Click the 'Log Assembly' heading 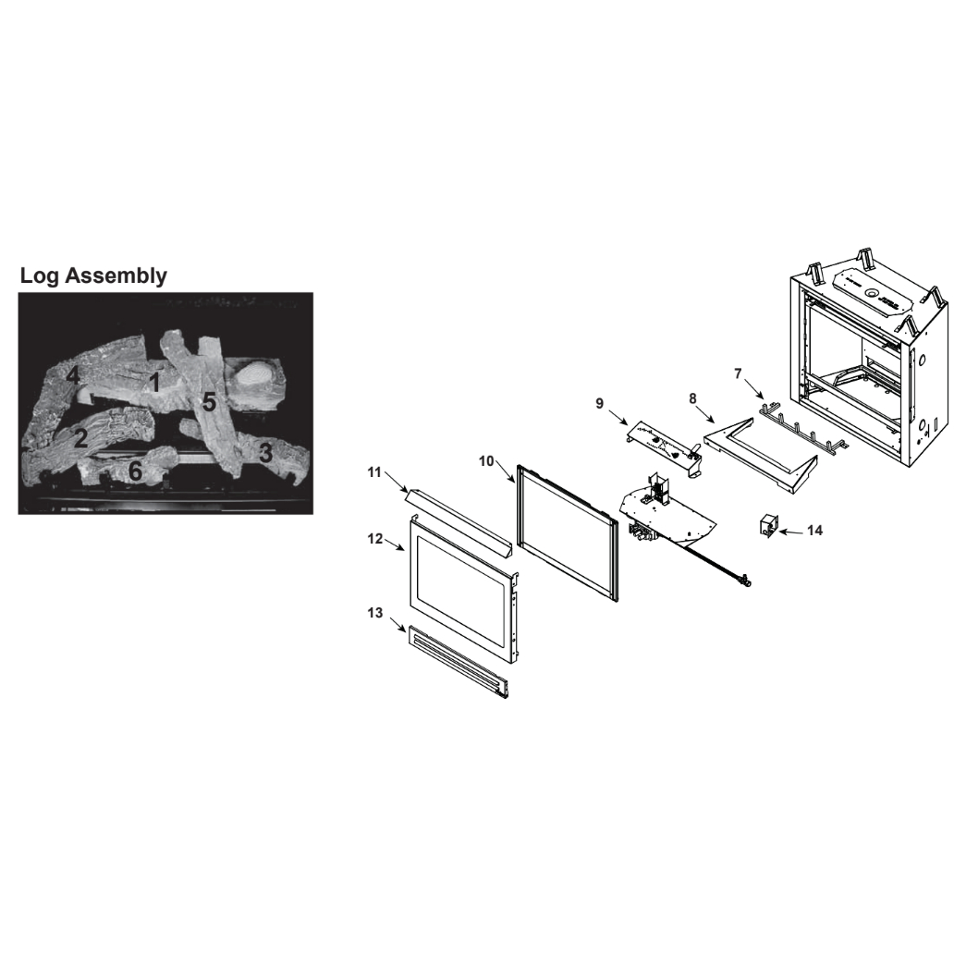pos(93,275)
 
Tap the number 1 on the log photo pos(154,383)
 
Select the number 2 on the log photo pos(81,438)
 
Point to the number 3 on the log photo pos(265,453)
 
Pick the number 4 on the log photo pos(73,376)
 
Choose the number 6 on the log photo pos(135,471)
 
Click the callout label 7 pos(738,373)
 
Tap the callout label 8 pos(692,398)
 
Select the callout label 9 pos(599,403)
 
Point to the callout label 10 pos(487,461)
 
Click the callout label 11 pos(374,472)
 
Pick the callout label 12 pos(375,538)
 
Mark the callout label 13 pos(375,613)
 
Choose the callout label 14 pos(814,531)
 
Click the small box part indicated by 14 pos(768,525)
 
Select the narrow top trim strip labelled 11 pos(459,522)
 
